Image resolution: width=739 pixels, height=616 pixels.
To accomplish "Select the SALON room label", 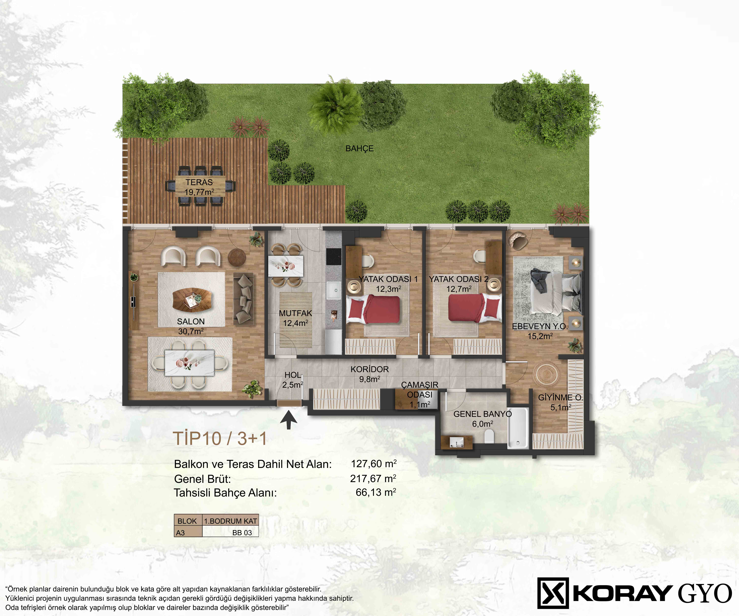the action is coord(191,321).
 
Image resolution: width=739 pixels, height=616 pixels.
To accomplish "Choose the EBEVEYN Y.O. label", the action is coord(540,326).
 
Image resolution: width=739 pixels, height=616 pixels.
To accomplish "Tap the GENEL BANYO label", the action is coord(482,414).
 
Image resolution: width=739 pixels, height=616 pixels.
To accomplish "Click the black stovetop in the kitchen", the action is coord(334,256).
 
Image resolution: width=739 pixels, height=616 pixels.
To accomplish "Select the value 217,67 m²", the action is coord(373,478).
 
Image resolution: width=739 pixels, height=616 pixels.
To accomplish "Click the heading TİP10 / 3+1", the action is coord(220,439).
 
